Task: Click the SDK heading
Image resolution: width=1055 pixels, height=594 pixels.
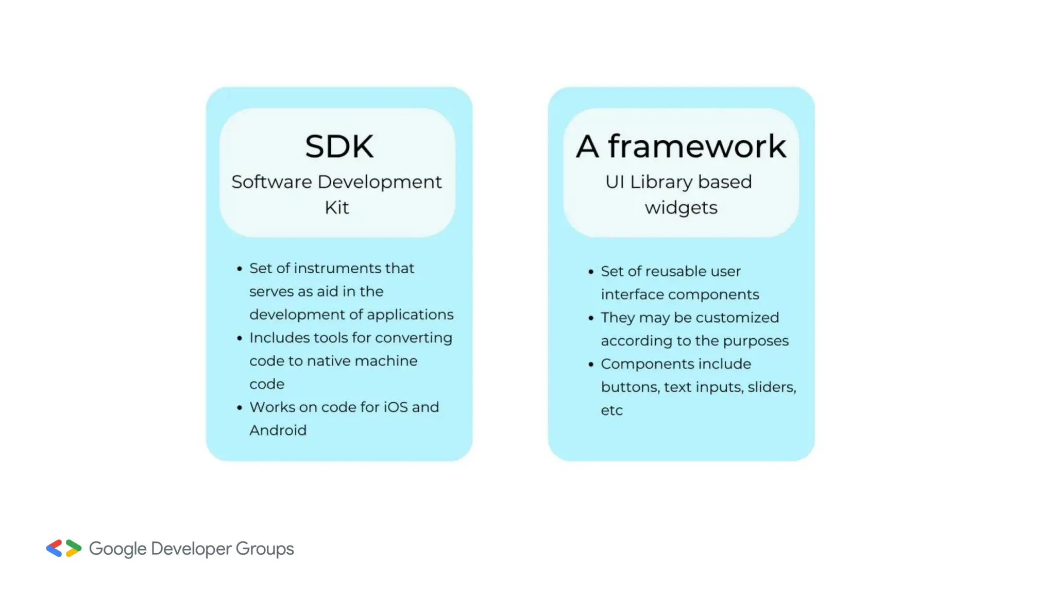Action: pyautogui.click(x=339, y=146)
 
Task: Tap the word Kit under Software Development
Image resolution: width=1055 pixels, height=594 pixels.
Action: pyautogui.click(x=336, y=207)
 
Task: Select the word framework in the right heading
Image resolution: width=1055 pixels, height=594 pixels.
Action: pyautogui.click(x=697, y=146)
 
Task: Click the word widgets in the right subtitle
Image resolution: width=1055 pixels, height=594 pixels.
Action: pyautogui.click(x=680, y=208)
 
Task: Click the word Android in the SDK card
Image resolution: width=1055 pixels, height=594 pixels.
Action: pyautogui.click(x=278, y=430)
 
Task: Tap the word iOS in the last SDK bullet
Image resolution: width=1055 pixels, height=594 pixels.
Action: pyautogui.click(x=396, y=407)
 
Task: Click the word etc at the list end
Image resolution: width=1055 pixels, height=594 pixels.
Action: pyautogui.click(x=611, y=410)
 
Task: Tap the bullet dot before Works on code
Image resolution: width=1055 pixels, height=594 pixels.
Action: pyautogui.click(x=240, y=407)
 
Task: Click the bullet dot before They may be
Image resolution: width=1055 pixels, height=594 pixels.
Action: pyautogui.click(x=591, y=318)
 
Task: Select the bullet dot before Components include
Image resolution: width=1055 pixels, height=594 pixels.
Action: pyautogui.click(x=591, y=364)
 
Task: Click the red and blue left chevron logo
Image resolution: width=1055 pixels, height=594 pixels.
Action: pyautogui.click(x=54, y=548)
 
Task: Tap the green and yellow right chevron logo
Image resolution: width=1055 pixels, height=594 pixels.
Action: pyautogui.click(x=74, y=548)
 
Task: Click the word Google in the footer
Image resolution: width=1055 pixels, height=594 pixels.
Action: pyautogui.click(x=117, y=549)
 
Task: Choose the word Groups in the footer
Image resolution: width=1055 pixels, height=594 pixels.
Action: pyautogui.click(x=265, y=549)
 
